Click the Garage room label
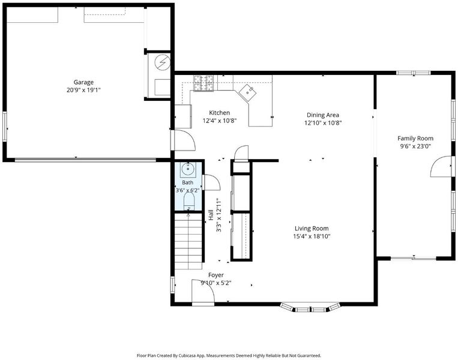pyautogui.click(x=83, y=82)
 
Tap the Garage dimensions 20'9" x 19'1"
pyautogui.click(x=83, y=90)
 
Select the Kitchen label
pyautogui.click(x=219, y=113)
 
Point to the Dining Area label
pyautogui.click(x=323, y=115)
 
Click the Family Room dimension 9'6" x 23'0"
pyautogui.click(x=415, y=146)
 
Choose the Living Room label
pyautogui.click(x=312, y=229)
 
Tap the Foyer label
pyautogui.click(x=216, y=275)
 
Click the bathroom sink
pyautogui.click(x=188, y=169)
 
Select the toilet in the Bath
pyautogui.click(x=189, y=201)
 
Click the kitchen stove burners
pyautogui.click(x=203, y=83)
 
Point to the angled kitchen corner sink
pyautogui.click(x=248, y=92)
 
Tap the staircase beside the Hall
pyautogui.click(x=188, y=241)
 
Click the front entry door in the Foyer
pyautogui.click(x=203, y=292)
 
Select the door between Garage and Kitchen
pyautogui.click(x=183, y=140)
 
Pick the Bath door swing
pyautogui.click(x=211, y=182)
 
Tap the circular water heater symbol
pyautogui.click(x=162, y=62)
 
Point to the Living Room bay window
pyautogui.click(x=310, y=308)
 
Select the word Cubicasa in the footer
pyautogui.click(x=188, y=356)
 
